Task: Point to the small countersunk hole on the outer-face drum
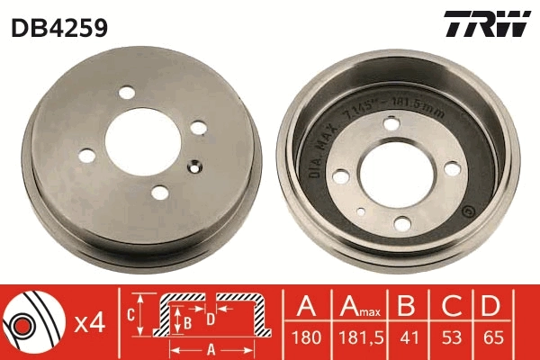click(193, 165)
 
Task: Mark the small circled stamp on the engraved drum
click(466, 213)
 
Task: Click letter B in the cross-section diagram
click(187, 321)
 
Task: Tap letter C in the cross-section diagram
click(130, 313)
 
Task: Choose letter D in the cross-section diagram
click(209, 317)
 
